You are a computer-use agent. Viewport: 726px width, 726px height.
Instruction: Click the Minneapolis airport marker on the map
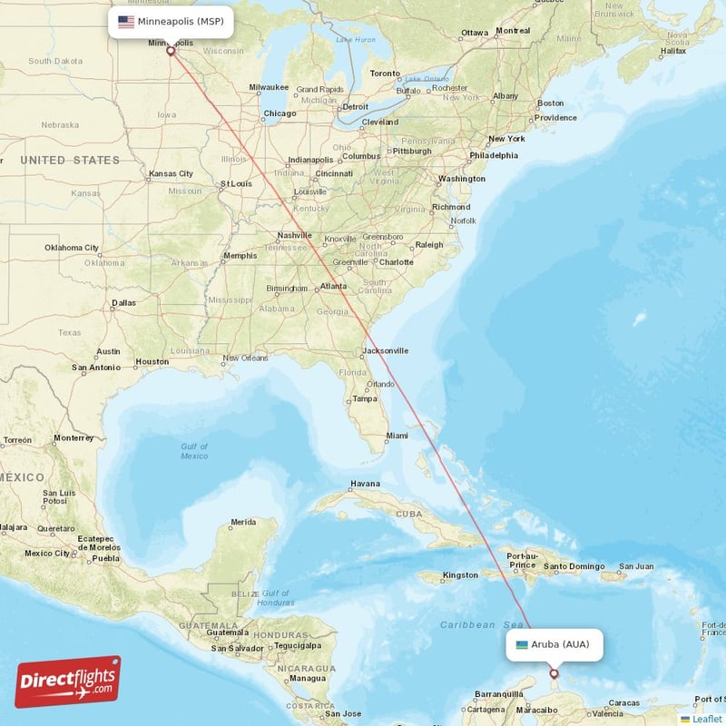coord(170,51)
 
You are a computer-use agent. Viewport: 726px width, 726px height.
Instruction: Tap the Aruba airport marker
coord(554,673)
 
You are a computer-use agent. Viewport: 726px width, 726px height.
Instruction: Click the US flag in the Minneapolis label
coord(126,21)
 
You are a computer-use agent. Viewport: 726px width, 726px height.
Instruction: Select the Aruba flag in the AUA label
coord(521,644)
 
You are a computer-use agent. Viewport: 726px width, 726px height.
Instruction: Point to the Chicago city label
coord(280,113)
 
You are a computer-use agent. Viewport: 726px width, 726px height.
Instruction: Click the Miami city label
coord(397,436)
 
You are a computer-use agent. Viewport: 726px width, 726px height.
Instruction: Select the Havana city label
coord(365,484)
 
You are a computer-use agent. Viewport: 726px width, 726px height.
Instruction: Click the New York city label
coord(506,139)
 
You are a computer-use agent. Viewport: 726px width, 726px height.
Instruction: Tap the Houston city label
coord(152,361)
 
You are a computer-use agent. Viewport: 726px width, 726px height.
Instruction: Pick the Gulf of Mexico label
coord(193,451)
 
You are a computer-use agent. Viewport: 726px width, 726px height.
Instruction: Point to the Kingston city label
coord(460,575)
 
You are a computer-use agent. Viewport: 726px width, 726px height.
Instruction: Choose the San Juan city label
coord(635,566)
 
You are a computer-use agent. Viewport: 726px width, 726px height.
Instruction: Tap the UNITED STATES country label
coord(70,160)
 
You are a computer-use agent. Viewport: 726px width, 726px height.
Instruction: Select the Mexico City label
coord(46,553)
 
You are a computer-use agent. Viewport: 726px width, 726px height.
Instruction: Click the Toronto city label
coord(385,74)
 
